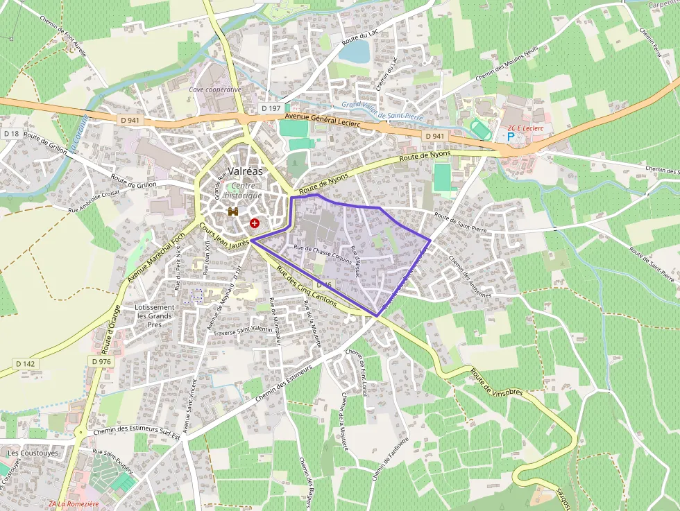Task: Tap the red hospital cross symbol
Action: (x=255, y=223)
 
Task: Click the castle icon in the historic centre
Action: (x=233, y=212)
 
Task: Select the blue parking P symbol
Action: (x=511, y=137)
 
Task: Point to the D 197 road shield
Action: (x=271, y=108)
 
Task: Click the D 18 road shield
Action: (x=11, y=133)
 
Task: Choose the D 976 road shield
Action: (x=101, y=361)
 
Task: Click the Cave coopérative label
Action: (x=215, y=89)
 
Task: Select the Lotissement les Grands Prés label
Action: (x=155, y=315)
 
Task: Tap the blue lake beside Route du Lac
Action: (x=355, y=51)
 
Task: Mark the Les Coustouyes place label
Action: (x=33, y=453)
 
